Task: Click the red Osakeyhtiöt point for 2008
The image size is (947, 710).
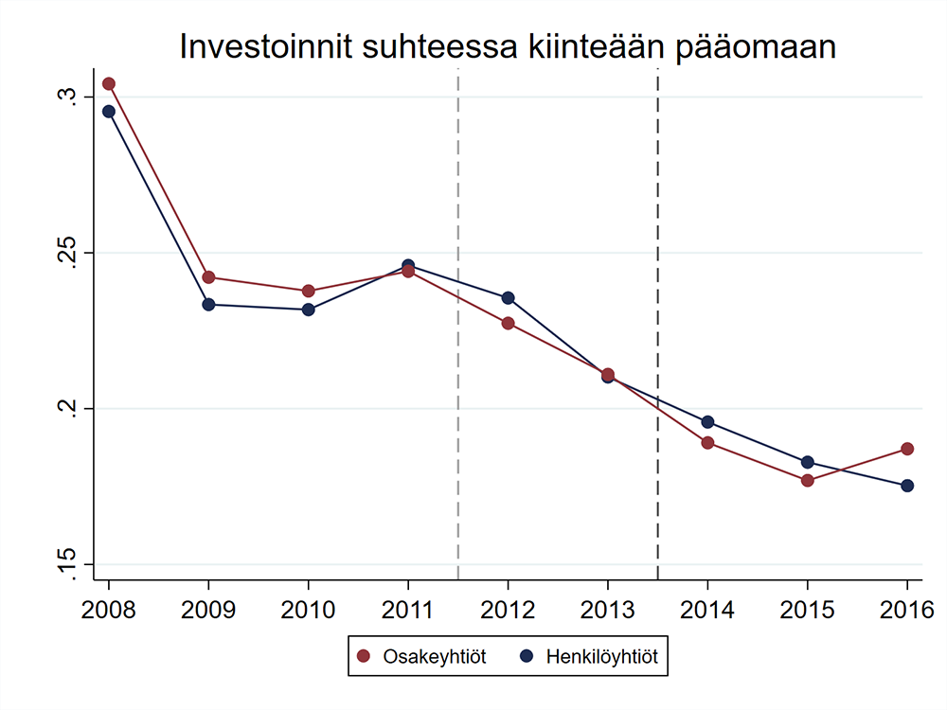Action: click(109, 84)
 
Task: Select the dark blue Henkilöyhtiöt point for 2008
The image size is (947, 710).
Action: click(109, 112)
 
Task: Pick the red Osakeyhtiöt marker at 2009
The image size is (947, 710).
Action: click(208, 277)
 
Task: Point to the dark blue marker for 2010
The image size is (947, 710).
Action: click(309, 310)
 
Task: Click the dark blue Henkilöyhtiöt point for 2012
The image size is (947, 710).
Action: click(509, 298)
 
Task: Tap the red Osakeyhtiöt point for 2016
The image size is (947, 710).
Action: click(907, 449)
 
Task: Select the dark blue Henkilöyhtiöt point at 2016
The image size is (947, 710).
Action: click(907, 486)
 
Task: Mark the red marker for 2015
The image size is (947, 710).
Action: click(808, 480)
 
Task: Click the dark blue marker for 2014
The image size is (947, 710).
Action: click(707, 422)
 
